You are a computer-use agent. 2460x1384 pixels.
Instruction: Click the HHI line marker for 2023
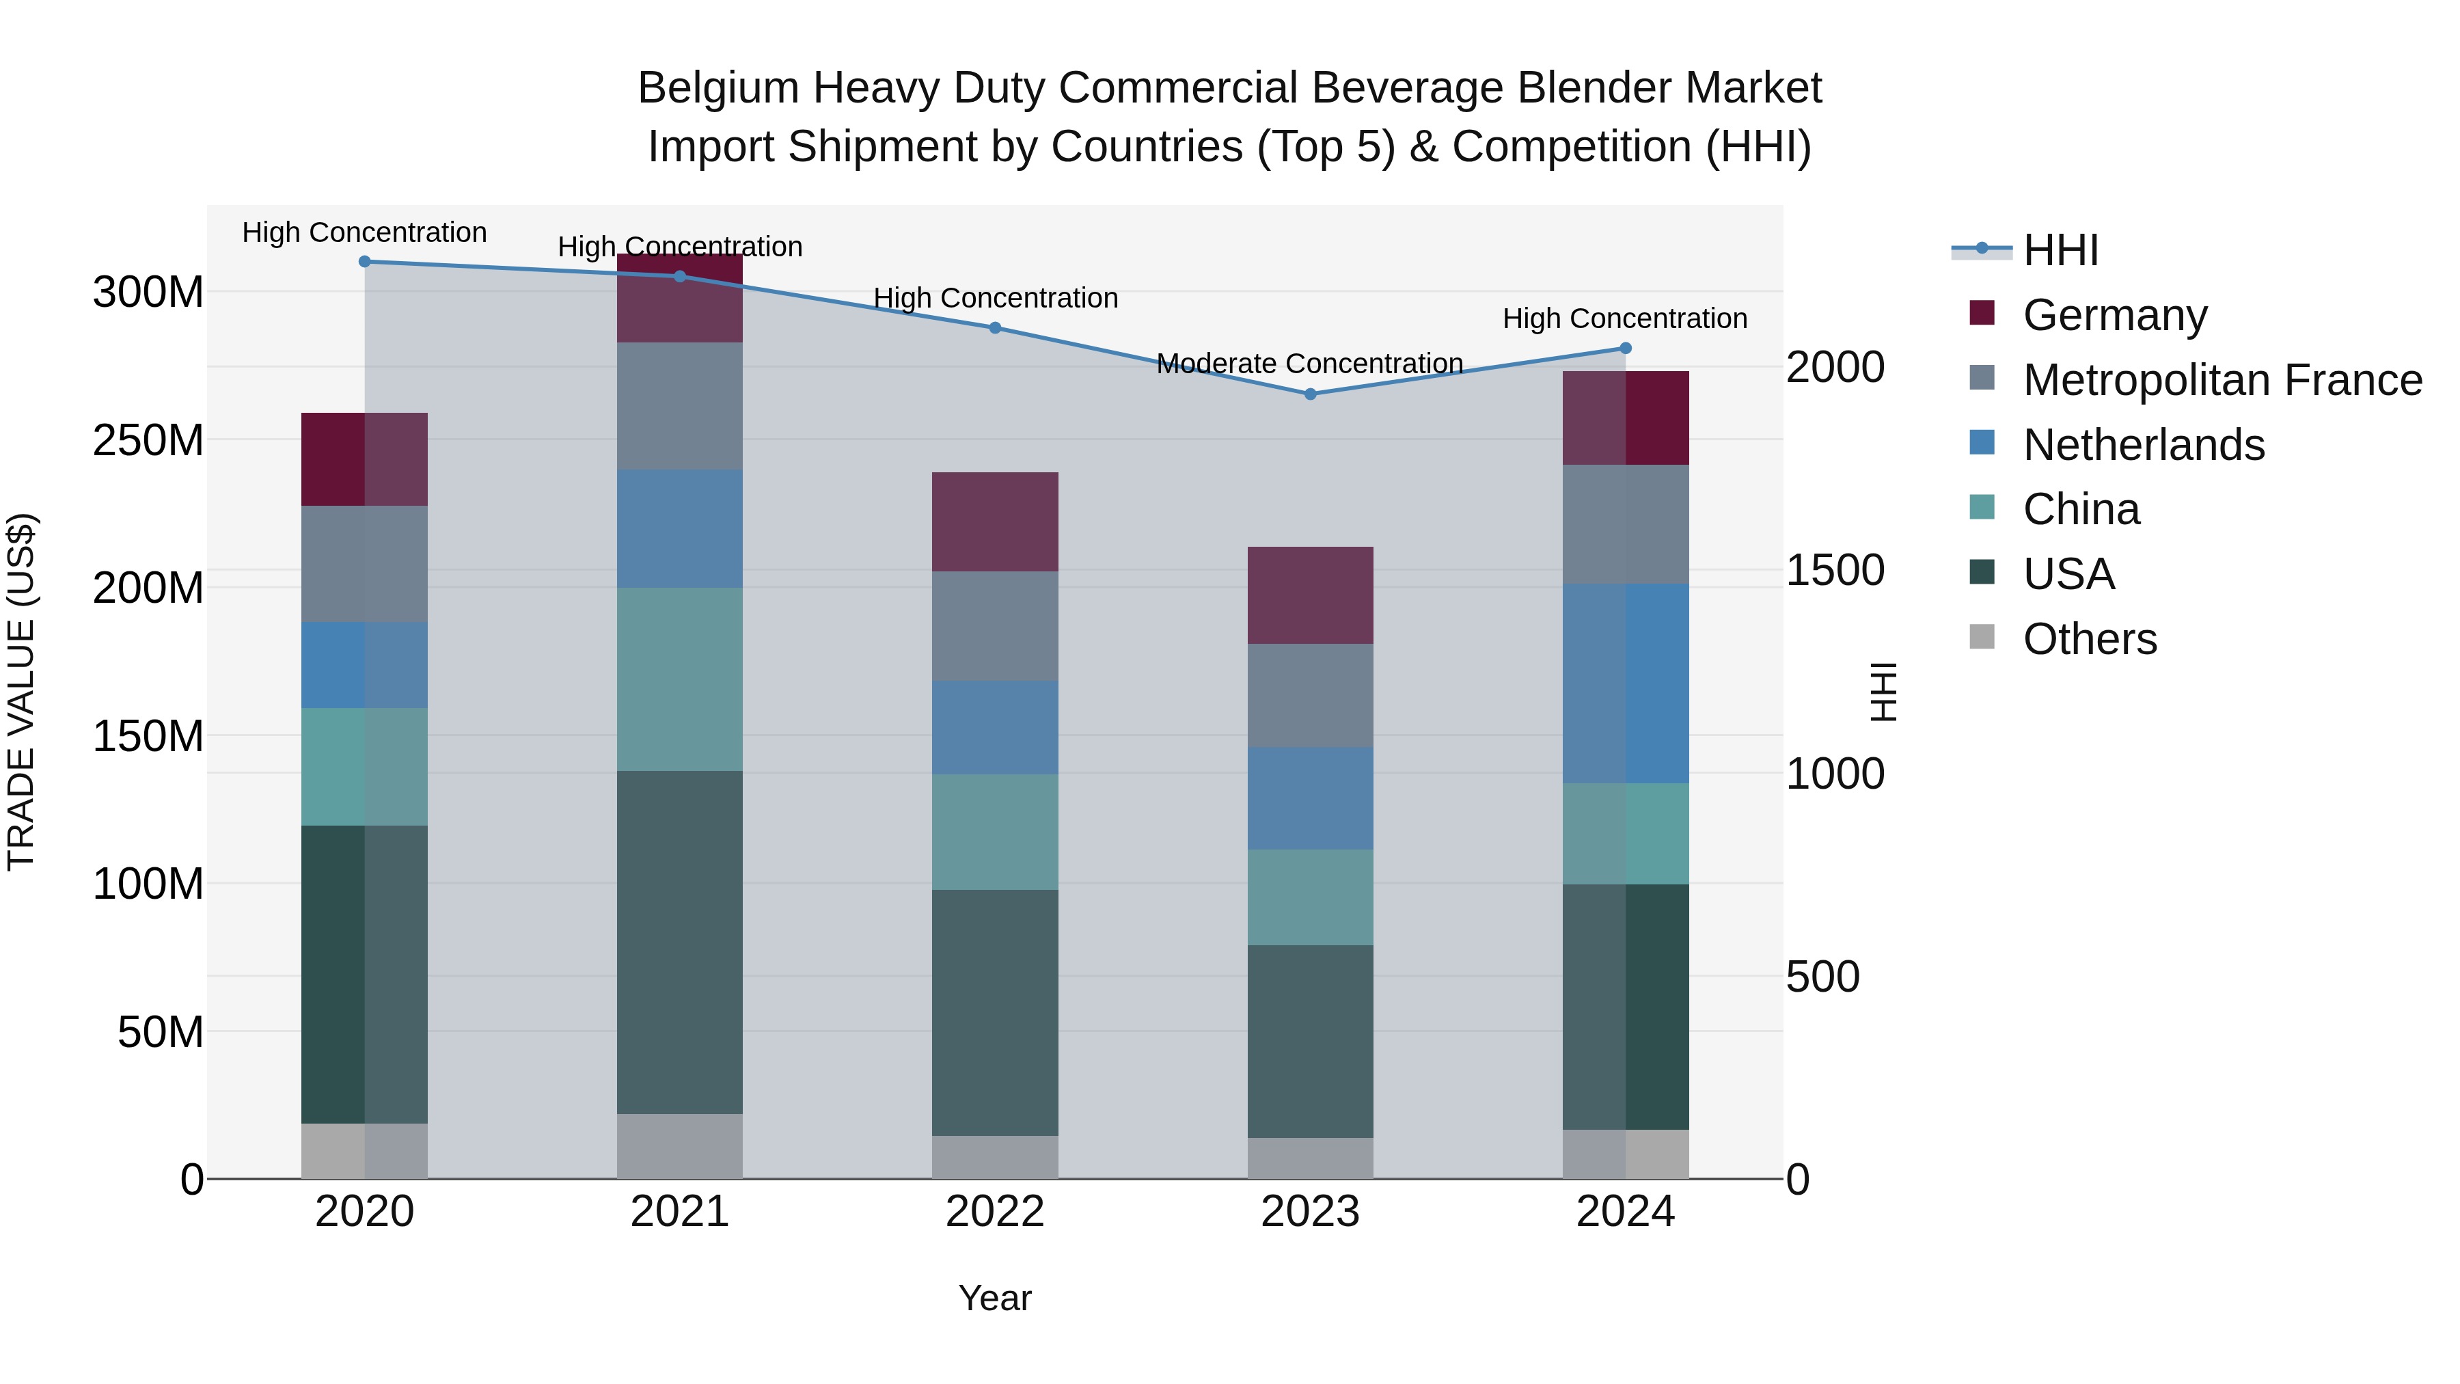click(1310, 394)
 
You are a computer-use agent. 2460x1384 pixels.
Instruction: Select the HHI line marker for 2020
click(365, 261)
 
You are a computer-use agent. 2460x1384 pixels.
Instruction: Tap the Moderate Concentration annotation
click(1309, 364)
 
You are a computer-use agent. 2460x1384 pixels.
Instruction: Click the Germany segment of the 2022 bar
click(995, 521)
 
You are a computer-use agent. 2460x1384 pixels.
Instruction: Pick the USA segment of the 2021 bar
click(680, 942)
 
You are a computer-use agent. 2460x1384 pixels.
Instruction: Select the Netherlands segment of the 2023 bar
click(1310, 798)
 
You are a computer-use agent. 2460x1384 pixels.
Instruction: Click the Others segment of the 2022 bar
click(995, 1156)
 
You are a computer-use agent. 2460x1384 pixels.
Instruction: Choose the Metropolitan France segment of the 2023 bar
click(1310, 695)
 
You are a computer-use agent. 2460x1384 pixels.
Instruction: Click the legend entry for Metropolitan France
click(2222, 380)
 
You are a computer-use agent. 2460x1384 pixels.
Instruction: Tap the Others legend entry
click(2090, 639)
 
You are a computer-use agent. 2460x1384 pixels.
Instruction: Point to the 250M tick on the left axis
click(148, 440)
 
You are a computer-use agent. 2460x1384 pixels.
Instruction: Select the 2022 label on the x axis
click(995, 1212)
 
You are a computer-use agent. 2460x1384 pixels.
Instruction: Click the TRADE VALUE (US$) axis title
click(21, 692)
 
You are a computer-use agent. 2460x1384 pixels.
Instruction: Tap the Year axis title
click(995, 1298)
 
